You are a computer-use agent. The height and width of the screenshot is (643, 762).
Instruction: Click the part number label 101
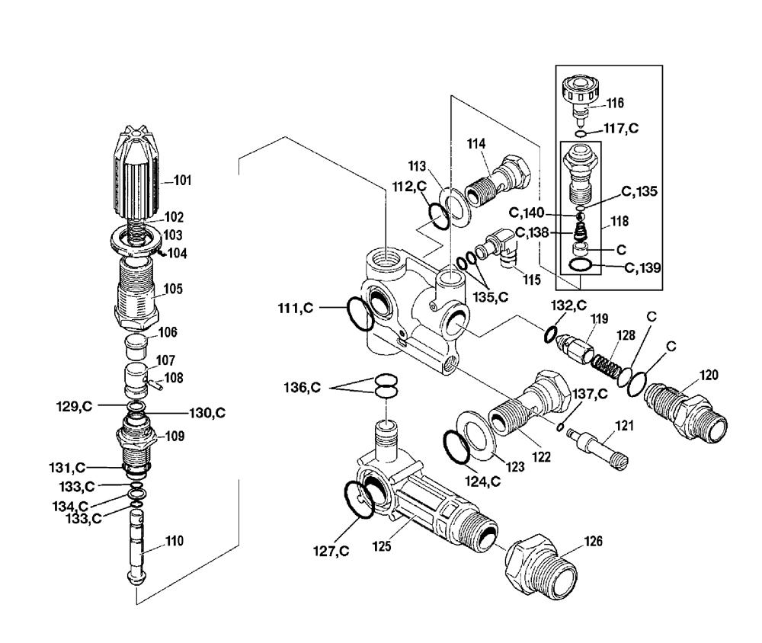(183, 181)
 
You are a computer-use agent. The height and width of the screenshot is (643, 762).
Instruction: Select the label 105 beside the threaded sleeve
(173, 290)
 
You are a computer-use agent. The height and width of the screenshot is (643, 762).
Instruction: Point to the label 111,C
(296, 308)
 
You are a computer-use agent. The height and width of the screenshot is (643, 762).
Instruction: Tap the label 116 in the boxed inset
(615, 103)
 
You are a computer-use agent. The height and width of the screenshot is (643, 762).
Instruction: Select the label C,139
(642, 268)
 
